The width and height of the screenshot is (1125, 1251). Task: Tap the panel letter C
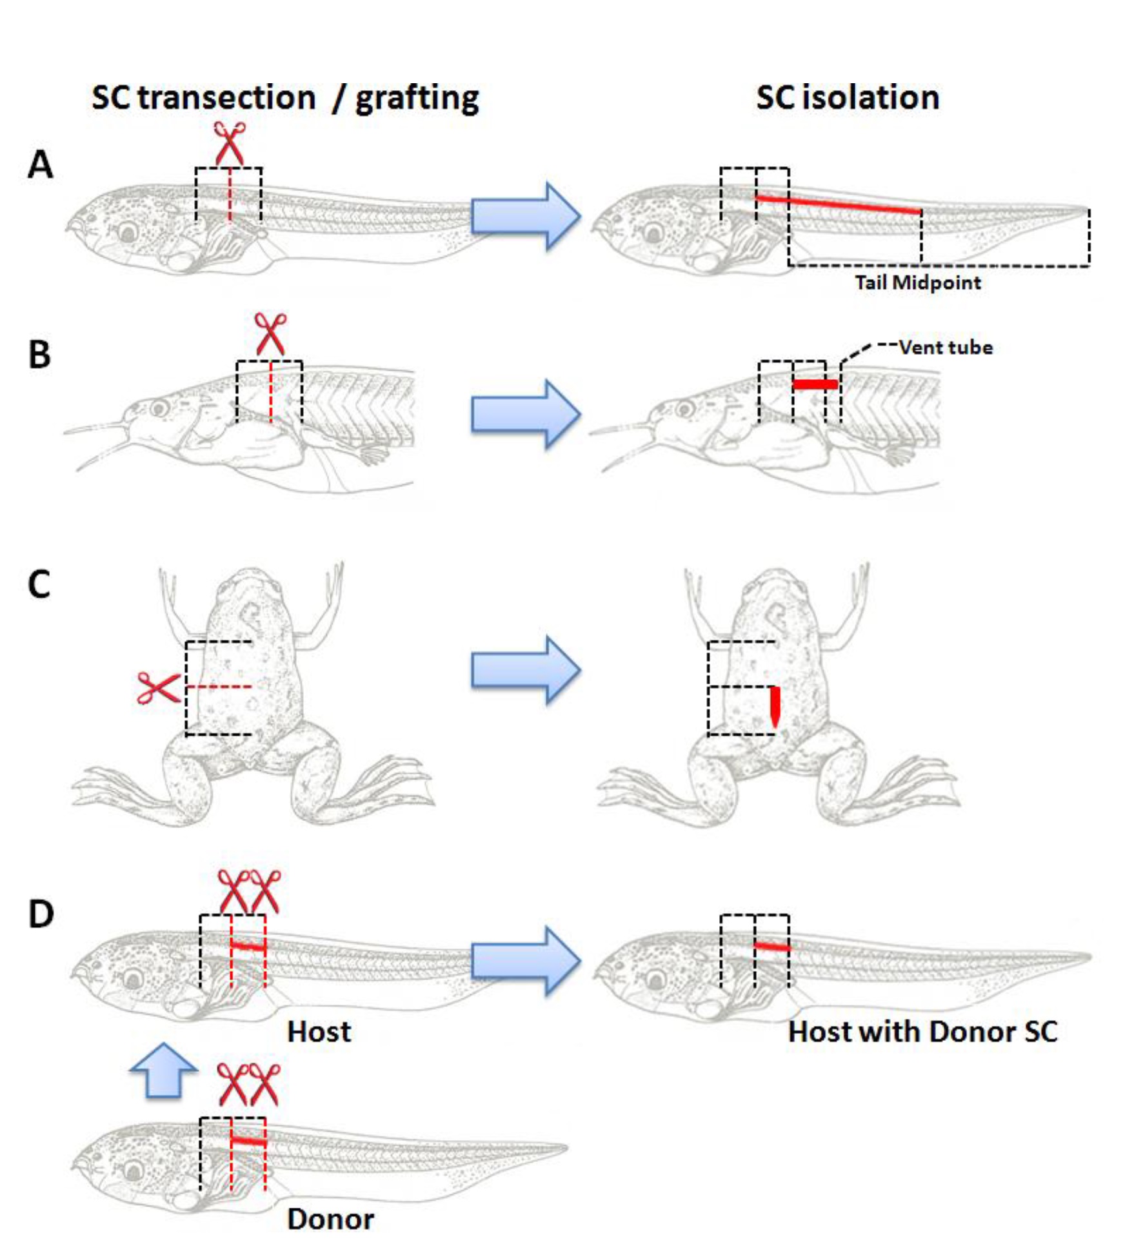39,584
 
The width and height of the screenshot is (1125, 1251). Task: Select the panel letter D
41,914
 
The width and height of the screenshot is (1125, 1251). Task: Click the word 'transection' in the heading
226,98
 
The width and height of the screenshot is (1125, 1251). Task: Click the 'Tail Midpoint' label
917,282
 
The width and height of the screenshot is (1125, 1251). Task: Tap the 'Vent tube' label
946,348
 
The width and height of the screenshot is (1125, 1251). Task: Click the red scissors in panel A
230,143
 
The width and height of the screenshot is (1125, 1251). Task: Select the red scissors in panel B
270,333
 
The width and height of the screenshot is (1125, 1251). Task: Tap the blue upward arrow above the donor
163,1070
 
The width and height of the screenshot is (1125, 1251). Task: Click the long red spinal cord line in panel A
839,204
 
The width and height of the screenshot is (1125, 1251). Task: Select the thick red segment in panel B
815,384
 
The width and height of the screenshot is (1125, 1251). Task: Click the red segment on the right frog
775,705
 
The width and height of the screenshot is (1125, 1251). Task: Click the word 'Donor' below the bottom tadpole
330,1219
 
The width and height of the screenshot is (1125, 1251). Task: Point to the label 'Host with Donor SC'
922,1032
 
